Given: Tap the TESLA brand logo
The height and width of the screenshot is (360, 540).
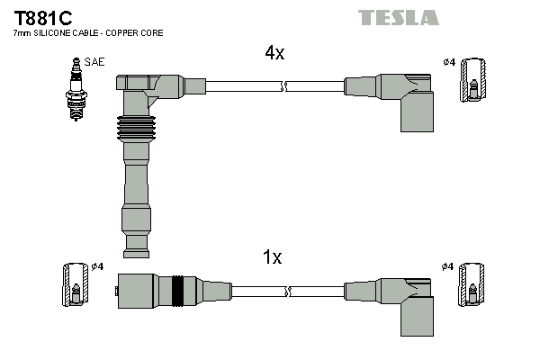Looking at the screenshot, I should [398, 17].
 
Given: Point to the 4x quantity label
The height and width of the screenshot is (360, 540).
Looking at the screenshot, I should [274, 53].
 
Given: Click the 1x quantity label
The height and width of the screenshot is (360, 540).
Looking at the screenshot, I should [272, 258].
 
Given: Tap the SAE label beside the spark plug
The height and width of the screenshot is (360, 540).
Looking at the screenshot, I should [94, 63].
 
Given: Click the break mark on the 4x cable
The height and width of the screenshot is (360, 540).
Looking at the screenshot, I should [284, 86].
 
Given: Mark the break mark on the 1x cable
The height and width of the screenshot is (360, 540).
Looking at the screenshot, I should [287, 291].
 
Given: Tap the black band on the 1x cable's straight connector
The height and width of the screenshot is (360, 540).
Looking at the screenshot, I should [178, 291].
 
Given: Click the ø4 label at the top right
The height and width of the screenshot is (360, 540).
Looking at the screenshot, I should [448, 62].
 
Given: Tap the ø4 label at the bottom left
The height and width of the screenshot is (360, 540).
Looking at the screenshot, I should [98, 266].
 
